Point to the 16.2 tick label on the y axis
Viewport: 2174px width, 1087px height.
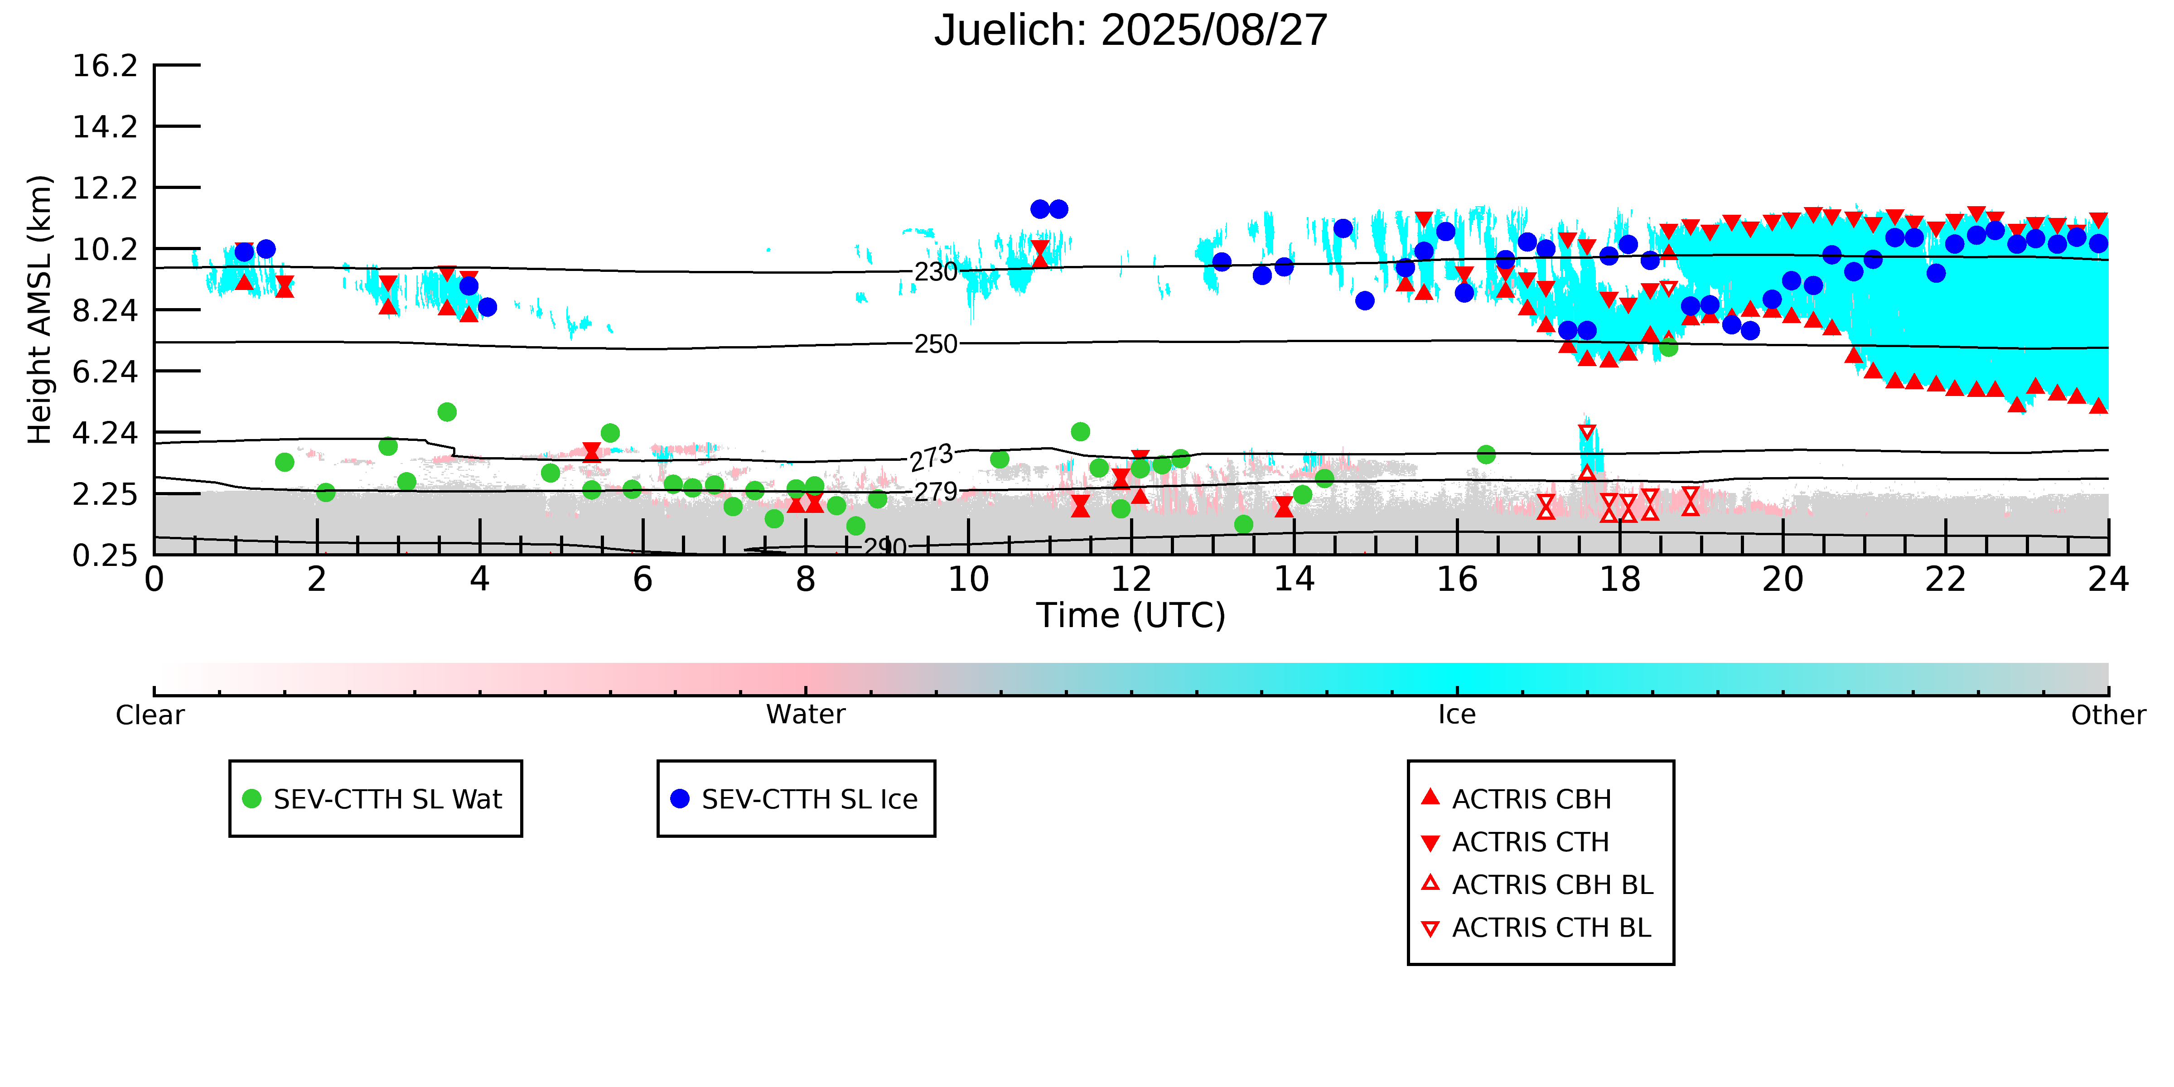point(105,66)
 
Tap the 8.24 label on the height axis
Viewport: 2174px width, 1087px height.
point(105,310)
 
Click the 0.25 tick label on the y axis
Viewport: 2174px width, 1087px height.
point(105,556)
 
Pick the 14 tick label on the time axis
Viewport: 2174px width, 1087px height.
point(1294,580)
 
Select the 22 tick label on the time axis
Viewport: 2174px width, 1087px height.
point(1945,580)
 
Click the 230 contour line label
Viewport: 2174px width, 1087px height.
point(936,272)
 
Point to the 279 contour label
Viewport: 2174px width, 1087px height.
point(936,491)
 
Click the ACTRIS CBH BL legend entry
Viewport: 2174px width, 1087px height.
point(1551,884)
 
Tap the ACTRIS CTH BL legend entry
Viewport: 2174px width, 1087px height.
point(1551,928)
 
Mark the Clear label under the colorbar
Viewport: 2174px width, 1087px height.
point(150,715)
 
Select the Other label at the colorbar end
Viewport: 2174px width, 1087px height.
point(2107,715)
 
